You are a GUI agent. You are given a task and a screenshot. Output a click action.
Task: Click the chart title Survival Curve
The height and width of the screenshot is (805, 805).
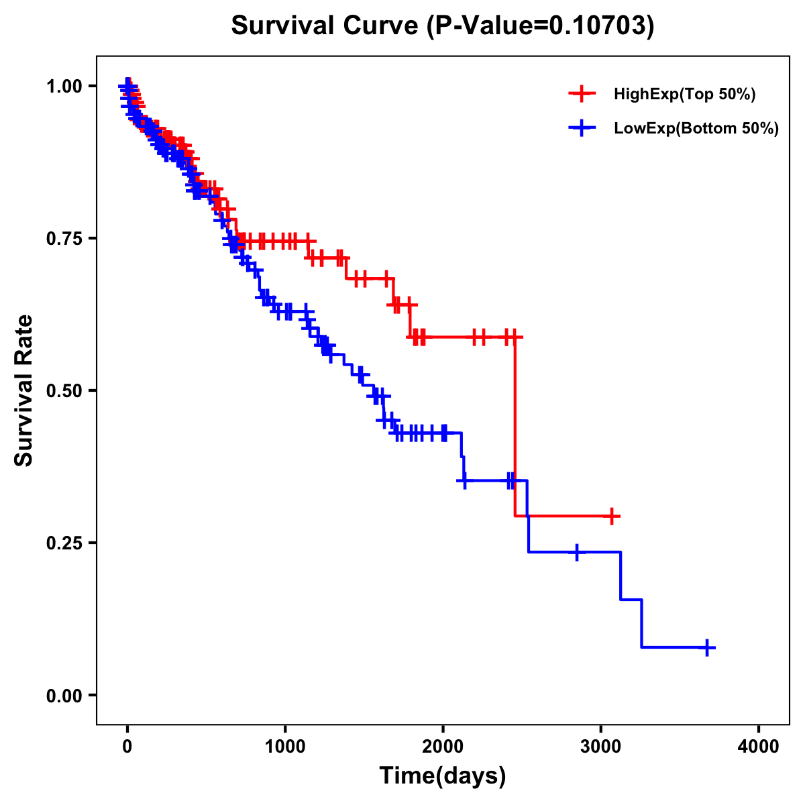pos(326,25)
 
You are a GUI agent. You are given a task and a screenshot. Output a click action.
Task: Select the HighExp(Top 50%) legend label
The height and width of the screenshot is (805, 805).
pos(684,95)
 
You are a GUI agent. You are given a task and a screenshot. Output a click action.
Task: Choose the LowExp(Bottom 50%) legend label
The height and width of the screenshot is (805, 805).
pos(696,129)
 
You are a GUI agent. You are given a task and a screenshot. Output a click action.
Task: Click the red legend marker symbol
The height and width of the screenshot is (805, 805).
pos(582,95)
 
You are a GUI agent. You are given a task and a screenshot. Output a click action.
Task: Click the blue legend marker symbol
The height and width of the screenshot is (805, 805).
pos(582,129)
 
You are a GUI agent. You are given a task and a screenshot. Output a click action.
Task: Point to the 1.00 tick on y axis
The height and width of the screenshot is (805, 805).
pos(64,86)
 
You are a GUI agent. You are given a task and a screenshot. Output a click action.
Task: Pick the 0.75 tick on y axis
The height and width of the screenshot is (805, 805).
pos(64,238)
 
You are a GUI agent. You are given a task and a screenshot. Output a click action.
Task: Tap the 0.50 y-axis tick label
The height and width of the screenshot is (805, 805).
pos(64,390)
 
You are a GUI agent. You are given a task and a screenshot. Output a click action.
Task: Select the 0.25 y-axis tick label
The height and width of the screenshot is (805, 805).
pos(64,543)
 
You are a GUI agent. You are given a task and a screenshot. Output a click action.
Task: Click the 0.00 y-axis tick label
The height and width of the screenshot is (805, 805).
pos(64,695)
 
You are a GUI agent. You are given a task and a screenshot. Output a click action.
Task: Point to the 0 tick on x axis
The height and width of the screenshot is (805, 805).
pos(127,747)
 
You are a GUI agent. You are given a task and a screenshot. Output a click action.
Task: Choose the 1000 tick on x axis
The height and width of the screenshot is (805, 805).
pos(285,747)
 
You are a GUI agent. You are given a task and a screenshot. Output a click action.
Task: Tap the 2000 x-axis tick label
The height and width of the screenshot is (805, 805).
pos(443,747)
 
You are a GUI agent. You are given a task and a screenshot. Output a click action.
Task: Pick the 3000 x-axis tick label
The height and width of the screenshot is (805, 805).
pos(601,747)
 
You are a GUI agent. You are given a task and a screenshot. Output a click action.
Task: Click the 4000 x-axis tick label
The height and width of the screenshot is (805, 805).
pos(759,747)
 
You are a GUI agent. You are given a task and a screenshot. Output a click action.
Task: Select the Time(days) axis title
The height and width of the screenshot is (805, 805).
pos(443,776)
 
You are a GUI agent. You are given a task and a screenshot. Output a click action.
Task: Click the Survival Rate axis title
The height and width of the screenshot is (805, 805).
pos(24,390)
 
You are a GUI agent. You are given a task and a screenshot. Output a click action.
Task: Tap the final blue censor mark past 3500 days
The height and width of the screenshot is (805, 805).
pos(707,647)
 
